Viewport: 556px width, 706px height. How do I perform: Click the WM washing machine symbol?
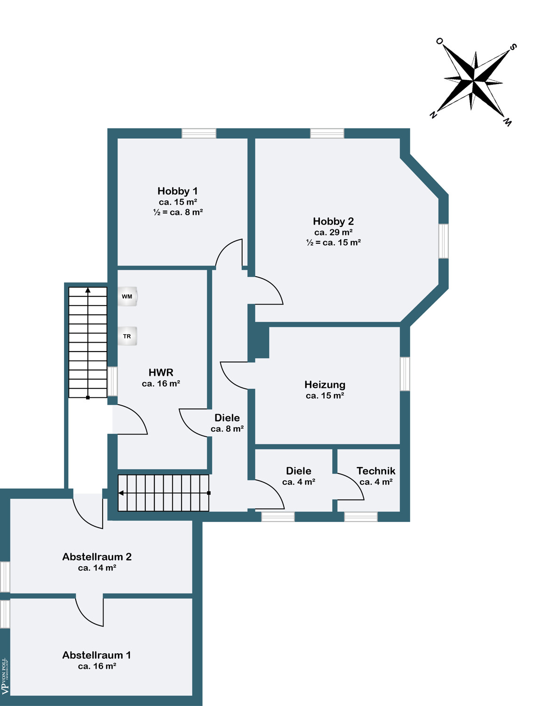click(127, 297)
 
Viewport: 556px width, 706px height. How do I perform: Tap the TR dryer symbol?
click(127, 336)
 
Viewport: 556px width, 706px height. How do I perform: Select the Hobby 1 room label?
click(178, 191)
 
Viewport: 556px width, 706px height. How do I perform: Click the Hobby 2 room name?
click(334, 221)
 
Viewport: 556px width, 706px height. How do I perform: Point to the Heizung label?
click(325, 385)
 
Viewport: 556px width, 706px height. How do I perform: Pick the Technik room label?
click(376, 471)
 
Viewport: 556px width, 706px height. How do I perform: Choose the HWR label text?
click(161, 372)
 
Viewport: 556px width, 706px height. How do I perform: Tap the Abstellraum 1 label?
click(97, 655)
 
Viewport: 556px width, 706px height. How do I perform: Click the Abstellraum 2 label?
click(97, 557)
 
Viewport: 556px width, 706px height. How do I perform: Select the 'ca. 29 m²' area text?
click(334, 232)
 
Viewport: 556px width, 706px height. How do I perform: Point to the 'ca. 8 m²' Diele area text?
click(227, 429)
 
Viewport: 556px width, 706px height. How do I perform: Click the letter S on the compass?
click(513, 47)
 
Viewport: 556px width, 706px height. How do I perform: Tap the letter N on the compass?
click(433, 115)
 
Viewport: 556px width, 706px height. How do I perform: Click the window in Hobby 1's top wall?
click(199, 133)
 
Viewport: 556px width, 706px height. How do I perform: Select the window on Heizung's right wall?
click(405, 374)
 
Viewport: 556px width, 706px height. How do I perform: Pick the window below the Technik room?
click(361, 517)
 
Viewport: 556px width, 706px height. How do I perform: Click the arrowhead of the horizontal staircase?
click(121, 493)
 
